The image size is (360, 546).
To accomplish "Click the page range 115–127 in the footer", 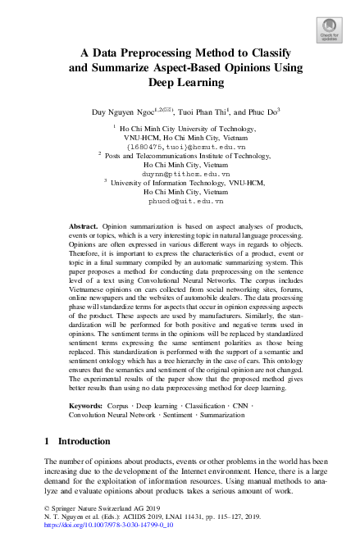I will pos(226,528).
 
